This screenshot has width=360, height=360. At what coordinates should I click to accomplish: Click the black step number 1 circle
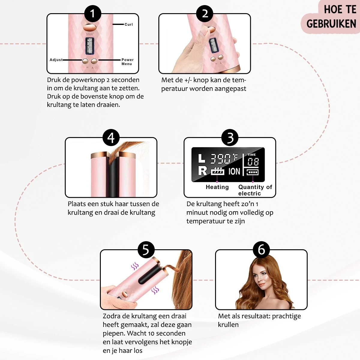click(93, 13)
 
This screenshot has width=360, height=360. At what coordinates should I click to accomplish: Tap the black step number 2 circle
click(205, 13)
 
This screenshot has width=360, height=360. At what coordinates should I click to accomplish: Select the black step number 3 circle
click(230, 138)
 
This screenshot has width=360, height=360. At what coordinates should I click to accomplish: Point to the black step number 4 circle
click(111, 138)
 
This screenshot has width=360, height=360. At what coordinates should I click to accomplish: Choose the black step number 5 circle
click(146, 250)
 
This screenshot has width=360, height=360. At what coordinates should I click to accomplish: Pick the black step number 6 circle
click(261, 250)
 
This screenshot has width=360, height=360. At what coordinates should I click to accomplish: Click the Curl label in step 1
click(128, 25)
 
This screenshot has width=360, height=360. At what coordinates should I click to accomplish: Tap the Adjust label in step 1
click(56, 60)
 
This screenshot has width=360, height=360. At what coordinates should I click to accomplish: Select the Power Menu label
click(127, 62)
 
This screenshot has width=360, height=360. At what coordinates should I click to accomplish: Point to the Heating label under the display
click(217, 187)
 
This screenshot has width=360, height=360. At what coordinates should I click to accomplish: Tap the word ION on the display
click(234, 171)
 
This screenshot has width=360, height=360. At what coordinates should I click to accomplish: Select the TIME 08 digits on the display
click(253, 162)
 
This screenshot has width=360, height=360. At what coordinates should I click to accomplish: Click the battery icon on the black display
click(252, 172)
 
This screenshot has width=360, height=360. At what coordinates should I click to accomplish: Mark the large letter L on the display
click(202, 158)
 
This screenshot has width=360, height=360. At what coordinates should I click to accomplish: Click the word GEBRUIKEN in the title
click(331, 24)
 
